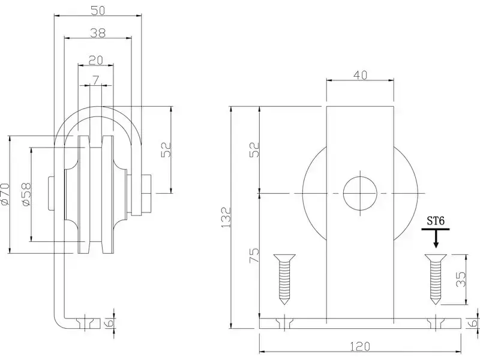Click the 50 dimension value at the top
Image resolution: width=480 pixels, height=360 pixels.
98,10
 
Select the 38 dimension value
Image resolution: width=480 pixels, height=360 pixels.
98,32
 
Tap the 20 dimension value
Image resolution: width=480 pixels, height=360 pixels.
95,61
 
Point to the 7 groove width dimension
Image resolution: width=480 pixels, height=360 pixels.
96,80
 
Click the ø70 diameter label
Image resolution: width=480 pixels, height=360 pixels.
5,194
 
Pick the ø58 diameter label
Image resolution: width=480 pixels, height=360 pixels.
26,194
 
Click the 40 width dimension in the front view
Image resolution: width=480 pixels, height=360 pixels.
360,75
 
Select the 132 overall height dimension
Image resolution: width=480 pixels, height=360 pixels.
226,217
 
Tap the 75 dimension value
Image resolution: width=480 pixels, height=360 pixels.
254,256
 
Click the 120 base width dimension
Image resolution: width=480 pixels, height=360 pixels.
360,347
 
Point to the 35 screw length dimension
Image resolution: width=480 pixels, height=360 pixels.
461,279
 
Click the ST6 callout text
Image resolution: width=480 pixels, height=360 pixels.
436,221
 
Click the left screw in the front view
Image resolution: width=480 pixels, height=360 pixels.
284,279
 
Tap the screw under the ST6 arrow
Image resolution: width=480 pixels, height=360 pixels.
436,279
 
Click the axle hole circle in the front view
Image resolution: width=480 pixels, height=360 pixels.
360,193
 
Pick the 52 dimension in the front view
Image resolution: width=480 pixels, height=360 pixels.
254,150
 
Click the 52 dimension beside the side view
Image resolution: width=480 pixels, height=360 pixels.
166,150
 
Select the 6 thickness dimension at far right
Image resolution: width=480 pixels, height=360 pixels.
474,323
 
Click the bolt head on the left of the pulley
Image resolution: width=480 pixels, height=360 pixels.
51,193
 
